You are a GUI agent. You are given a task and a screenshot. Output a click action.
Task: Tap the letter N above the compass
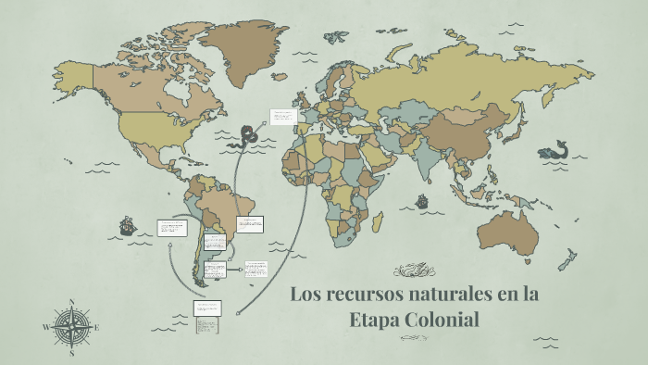point(72,301)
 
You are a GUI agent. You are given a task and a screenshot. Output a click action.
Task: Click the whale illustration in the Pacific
point(554,150)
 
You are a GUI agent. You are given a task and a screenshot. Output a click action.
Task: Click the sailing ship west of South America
point(127,226)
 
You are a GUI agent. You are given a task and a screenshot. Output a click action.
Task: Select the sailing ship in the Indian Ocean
point(422,201)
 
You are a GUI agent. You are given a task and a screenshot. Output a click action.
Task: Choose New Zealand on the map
point(566,269)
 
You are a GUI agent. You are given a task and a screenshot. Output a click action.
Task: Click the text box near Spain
point(281,117)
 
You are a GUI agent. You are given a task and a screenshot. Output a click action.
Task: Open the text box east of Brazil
point(250,224)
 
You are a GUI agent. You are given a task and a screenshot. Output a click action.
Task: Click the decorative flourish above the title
point(414,271)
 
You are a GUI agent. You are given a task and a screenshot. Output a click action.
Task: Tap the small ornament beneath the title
point(414,339)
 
